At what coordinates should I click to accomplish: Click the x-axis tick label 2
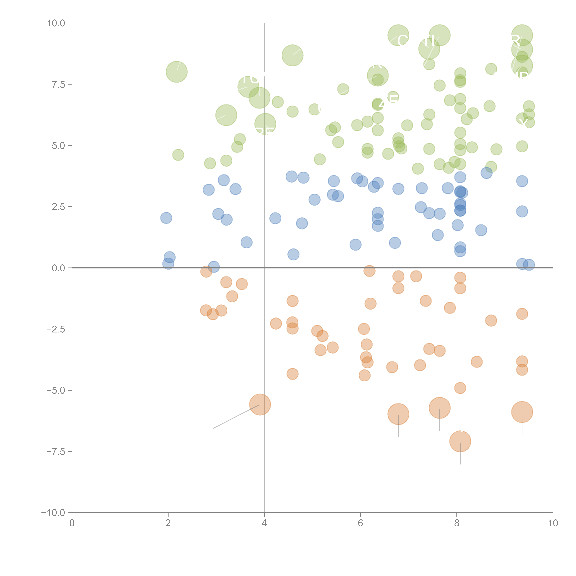coord(168,523)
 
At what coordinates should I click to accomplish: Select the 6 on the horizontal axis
coord(360,523)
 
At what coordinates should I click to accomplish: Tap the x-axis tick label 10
coord(553,523)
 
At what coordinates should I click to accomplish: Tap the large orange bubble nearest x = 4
coord(260,405)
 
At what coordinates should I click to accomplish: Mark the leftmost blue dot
coord(166,218)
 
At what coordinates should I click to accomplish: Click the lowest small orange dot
coord(460,388)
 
